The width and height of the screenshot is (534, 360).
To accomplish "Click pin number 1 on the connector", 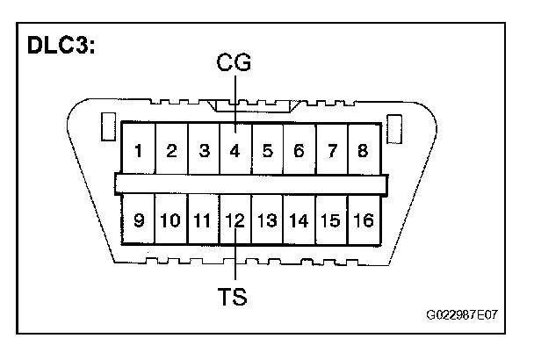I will tap(138, 149).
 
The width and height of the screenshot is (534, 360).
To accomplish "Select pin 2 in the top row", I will tap(171, 149).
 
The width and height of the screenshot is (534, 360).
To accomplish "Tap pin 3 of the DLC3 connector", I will tap(203, 149).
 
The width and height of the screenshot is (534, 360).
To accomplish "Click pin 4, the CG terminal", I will tap(235, 149).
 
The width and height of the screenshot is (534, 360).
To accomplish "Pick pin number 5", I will tap(267, 149).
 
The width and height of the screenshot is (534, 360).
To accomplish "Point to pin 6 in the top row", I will tap(299, 149).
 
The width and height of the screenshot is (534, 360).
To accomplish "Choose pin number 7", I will tap(330, 149).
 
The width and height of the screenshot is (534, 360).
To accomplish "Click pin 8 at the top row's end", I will tap(362, 149).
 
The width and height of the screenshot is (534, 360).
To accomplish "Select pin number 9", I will tap(138, 220).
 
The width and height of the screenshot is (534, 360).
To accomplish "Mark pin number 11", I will tap(203, 220).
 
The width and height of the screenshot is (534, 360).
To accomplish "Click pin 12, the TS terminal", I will tap(235, 220).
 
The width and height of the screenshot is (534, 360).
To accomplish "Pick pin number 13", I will tap(267, 220).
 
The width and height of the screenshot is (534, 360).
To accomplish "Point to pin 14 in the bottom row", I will tap(299, 220).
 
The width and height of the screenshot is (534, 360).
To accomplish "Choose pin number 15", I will tap(330, 220).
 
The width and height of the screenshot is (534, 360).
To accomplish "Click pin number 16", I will tap(362, 220).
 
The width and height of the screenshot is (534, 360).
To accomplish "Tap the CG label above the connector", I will tap(234, 63).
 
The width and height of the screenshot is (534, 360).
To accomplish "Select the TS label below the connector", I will tap(234, 296).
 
